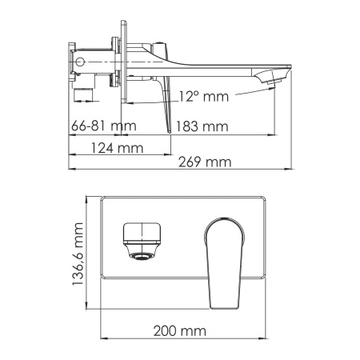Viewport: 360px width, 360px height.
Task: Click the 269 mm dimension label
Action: point(205,162)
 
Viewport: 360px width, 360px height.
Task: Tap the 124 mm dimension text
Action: point(117,148)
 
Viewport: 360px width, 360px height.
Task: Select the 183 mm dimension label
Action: point(202,126)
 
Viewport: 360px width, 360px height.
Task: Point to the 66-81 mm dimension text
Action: point(104,126)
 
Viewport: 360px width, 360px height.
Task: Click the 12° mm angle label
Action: point(203,97)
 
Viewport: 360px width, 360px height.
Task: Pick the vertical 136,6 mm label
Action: point(78,254)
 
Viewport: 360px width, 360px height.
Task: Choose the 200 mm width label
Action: point(179,331)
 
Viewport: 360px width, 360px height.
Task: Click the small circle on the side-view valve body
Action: point(80,62)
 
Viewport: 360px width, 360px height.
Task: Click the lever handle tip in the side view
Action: point(169,131)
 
